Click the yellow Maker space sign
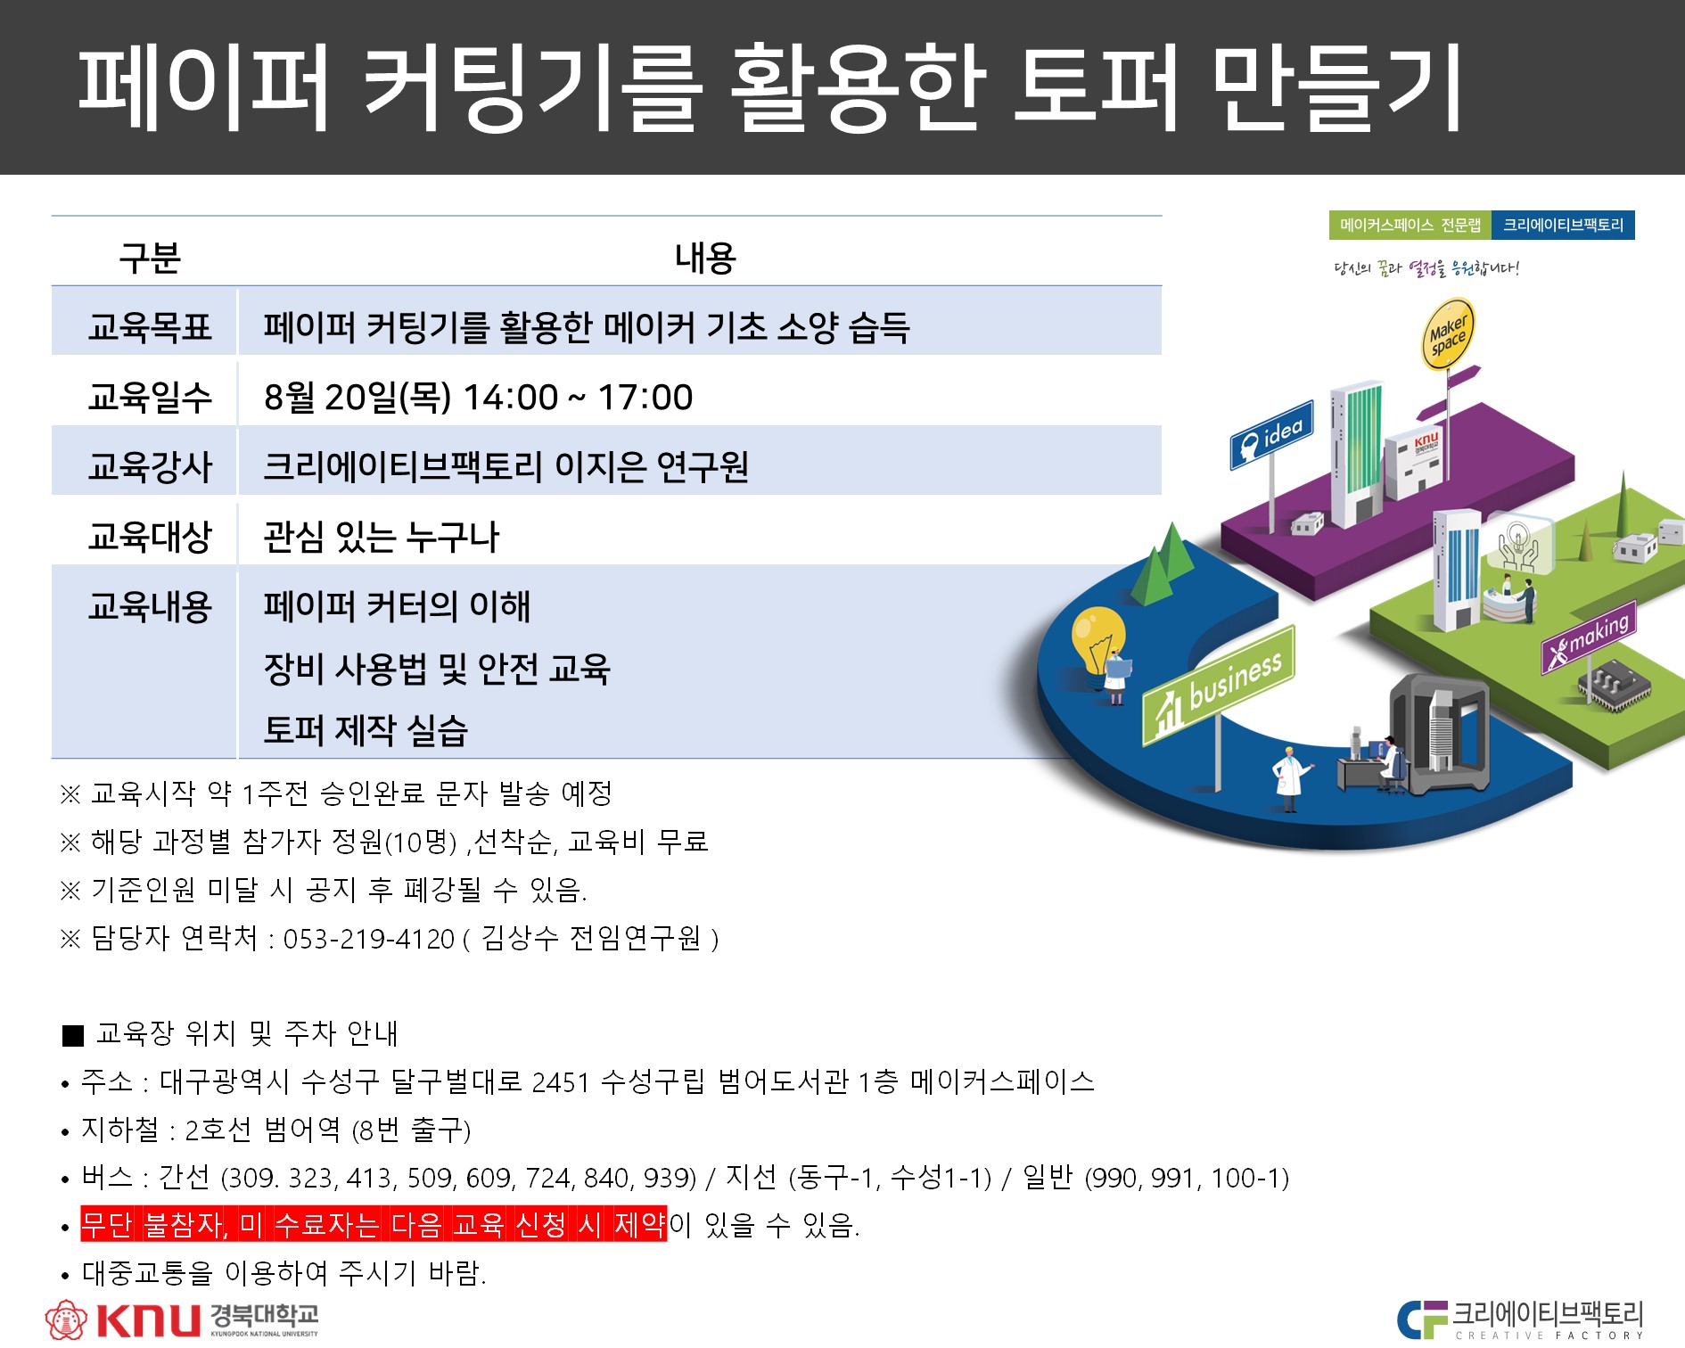(1447, 334)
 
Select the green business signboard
(1219, 685)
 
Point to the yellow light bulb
(1098, 637)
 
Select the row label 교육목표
(150, 326)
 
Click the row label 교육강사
(150, 466)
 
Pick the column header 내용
(705, 258)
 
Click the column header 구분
(150, 258)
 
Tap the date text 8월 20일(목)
(358, 397)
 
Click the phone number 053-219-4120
(369, 939)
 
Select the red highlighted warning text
(374, 1224)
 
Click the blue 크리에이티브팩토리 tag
(1563, 225)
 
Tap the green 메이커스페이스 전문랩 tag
(1410, 225)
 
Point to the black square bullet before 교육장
(73, 1035)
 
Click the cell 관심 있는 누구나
(382, 537)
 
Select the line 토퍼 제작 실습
(366, 729)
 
